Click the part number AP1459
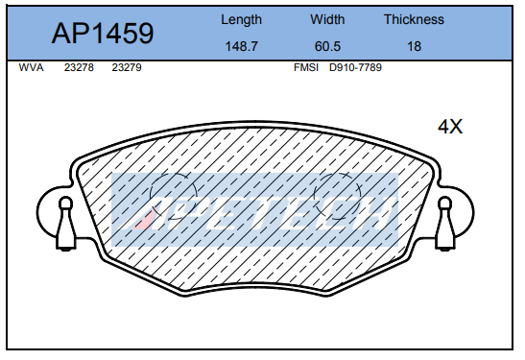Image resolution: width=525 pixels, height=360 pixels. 103,34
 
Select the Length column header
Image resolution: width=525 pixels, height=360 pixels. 242,20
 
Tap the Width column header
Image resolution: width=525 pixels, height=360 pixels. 327,19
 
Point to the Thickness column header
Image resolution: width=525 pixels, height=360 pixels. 414,19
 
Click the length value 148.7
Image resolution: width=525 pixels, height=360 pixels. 242,46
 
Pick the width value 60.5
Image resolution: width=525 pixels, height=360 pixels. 327,46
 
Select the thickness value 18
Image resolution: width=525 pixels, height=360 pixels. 414,46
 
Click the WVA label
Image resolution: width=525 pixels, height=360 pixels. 31,67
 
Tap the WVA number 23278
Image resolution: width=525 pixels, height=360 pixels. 79,67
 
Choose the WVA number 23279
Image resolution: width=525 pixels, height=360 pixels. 127,67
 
